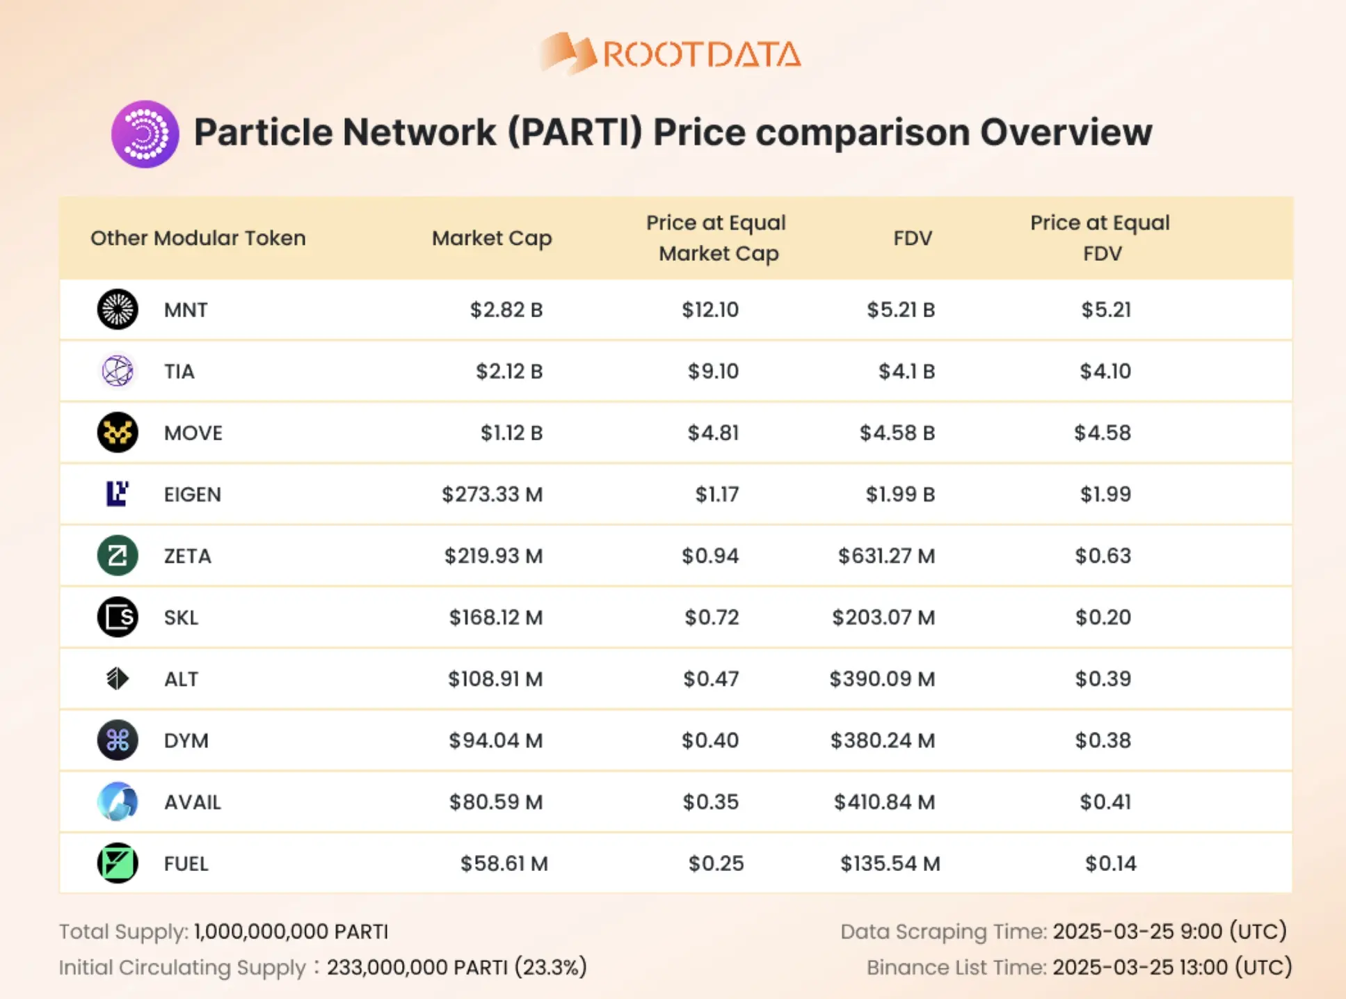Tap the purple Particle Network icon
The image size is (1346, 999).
click(145, 134)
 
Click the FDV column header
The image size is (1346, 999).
click(912, 238)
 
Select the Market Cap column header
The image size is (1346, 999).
click(491, 238)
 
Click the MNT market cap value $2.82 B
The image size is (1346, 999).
click(506, 310)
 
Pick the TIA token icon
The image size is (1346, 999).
click(118, 371)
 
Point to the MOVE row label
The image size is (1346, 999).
click(193, 433)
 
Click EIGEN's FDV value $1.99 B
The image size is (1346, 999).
click(899, 495)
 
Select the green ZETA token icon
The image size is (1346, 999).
click(118, 556)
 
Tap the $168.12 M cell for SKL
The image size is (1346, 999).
click(495, 617)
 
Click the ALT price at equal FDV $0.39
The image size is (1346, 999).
click(1103, 679)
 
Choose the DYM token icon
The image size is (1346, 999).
click(118, 740)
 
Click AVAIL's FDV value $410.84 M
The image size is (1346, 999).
click(884, 802)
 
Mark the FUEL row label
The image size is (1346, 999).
click(186, 863)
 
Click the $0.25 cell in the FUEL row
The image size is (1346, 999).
click(716, 863)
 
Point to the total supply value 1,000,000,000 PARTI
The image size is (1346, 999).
click(291, 932)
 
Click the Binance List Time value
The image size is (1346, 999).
click(1171, 967)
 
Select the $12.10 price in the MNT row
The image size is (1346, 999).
click(710, 310)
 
